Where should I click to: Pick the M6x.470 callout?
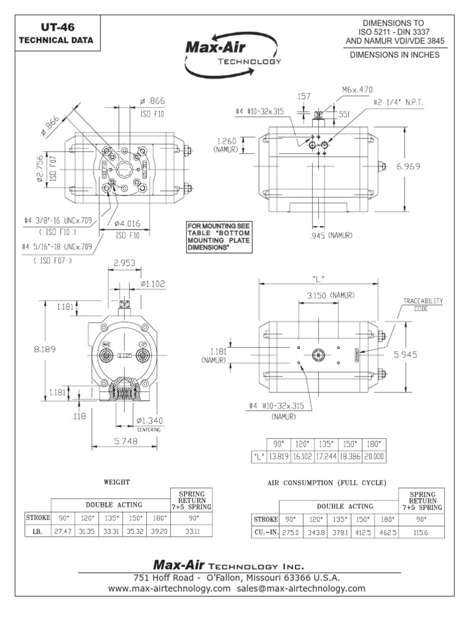[x=357, y=89]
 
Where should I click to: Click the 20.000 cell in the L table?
[x=375, y=457]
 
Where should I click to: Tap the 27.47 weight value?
[x=59, y=532]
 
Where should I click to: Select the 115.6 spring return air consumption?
[x=422, y=533]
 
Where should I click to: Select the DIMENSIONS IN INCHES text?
[x=394, y=54]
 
